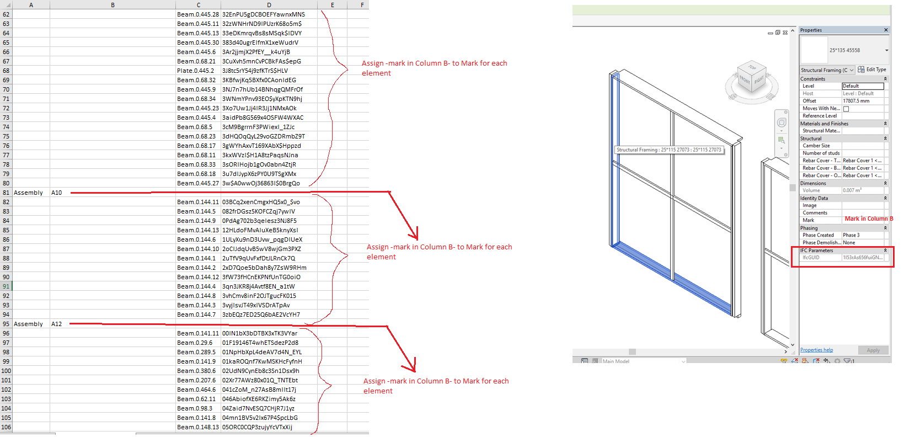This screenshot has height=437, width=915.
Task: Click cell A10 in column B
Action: coord(57,193)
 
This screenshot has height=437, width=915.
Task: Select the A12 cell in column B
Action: coord(57,324)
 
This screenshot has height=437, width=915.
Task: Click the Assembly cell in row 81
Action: coord(28,193)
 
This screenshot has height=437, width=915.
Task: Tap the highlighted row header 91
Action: coord(6,286)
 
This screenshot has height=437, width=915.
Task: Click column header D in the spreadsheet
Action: coord(269,5)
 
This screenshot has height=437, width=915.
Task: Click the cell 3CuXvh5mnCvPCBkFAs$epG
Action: coord(261,61)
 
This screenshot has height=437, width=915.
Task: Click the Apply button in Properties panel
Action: coord(873,350)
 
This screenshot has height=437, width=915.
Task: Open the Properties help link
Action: coord(816,350)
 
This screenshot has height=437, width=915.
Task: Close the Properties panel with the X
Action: coord(886,30)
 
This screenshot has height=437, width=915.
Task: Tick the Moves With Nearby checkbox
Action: coord(846,109)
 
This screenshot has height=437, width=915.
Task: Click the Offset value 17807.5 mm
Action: coord(862,101)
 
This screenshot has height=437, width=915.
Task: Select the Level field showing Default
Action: coord(863,86)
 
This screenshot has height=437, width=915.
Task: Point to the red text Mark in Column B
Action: coord(868,219)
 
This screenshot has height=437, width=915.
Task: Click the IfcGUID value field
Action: coord(863,258)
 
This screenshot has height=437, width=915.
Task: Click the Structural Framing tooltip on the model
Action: coord(668,150)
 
